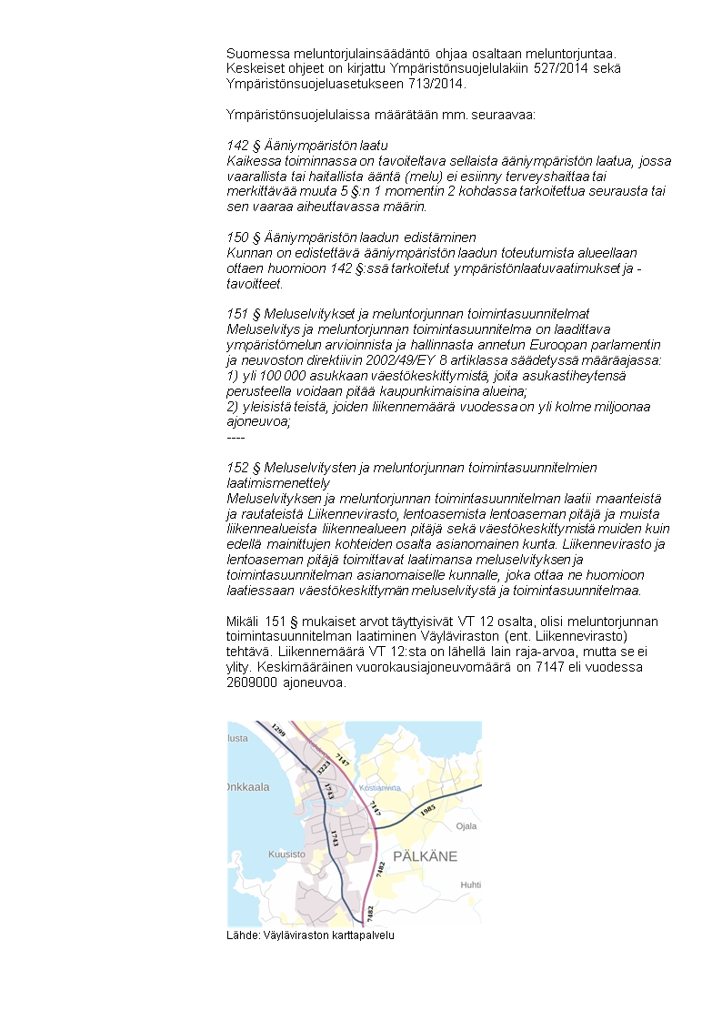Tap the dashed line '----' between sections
point(236,438)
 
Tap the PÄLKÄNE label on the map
point(425,856)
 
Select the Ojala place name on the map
point(466,826)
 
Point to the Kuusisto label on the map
point(286,854)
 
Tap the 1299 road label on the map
point(277,732)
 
